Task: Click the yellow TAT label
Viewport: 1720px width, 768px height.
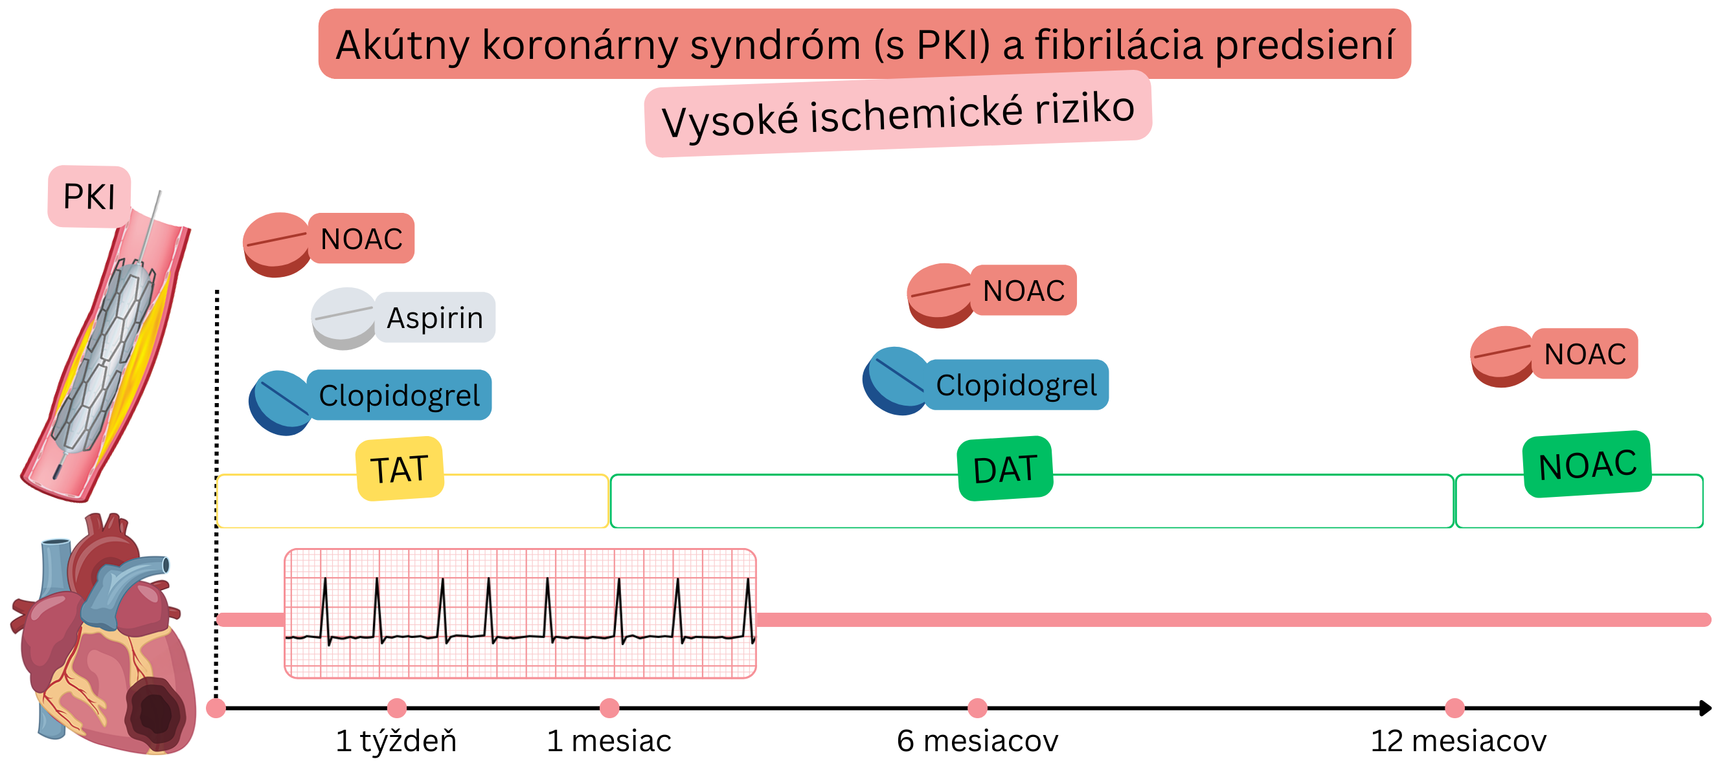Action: point(400,468)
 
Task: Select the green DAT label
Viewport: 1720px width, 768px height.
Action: point(1005,468)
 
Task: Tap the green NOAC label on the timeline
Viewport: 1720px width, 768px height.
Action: point(1587,465)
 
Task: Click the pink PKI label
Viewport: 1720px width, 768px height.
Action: point(89,196)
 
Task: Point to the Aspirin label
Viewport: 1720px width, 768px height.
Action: point(435,318)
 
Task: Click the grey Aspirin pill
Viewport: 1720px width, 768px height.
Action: point(343,318)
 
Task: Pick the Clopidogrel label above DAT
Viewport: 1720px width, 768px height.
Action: point(1016,385)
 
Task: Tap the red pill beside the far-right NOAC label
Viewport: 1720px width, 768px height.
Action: point(1501,356)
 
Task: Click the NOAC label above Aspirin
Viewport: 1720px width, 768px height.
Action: point(361,238)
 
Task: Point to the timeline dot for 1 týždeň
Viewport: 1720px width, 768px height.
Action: point(396,708)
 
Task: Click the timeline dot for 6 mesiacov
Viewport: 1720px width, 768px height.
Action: point(977,708)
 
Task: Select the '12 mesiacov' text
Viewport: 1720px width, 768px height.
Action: point(1458,741)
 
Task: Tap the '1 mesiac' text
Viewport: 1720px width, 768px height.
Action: point(608,741)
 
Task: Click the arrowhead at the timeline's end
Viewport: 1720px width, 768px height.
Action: point(1704,708)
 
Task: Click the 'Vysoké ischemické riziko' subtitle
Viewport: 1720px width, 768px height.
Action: point(898,114)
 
